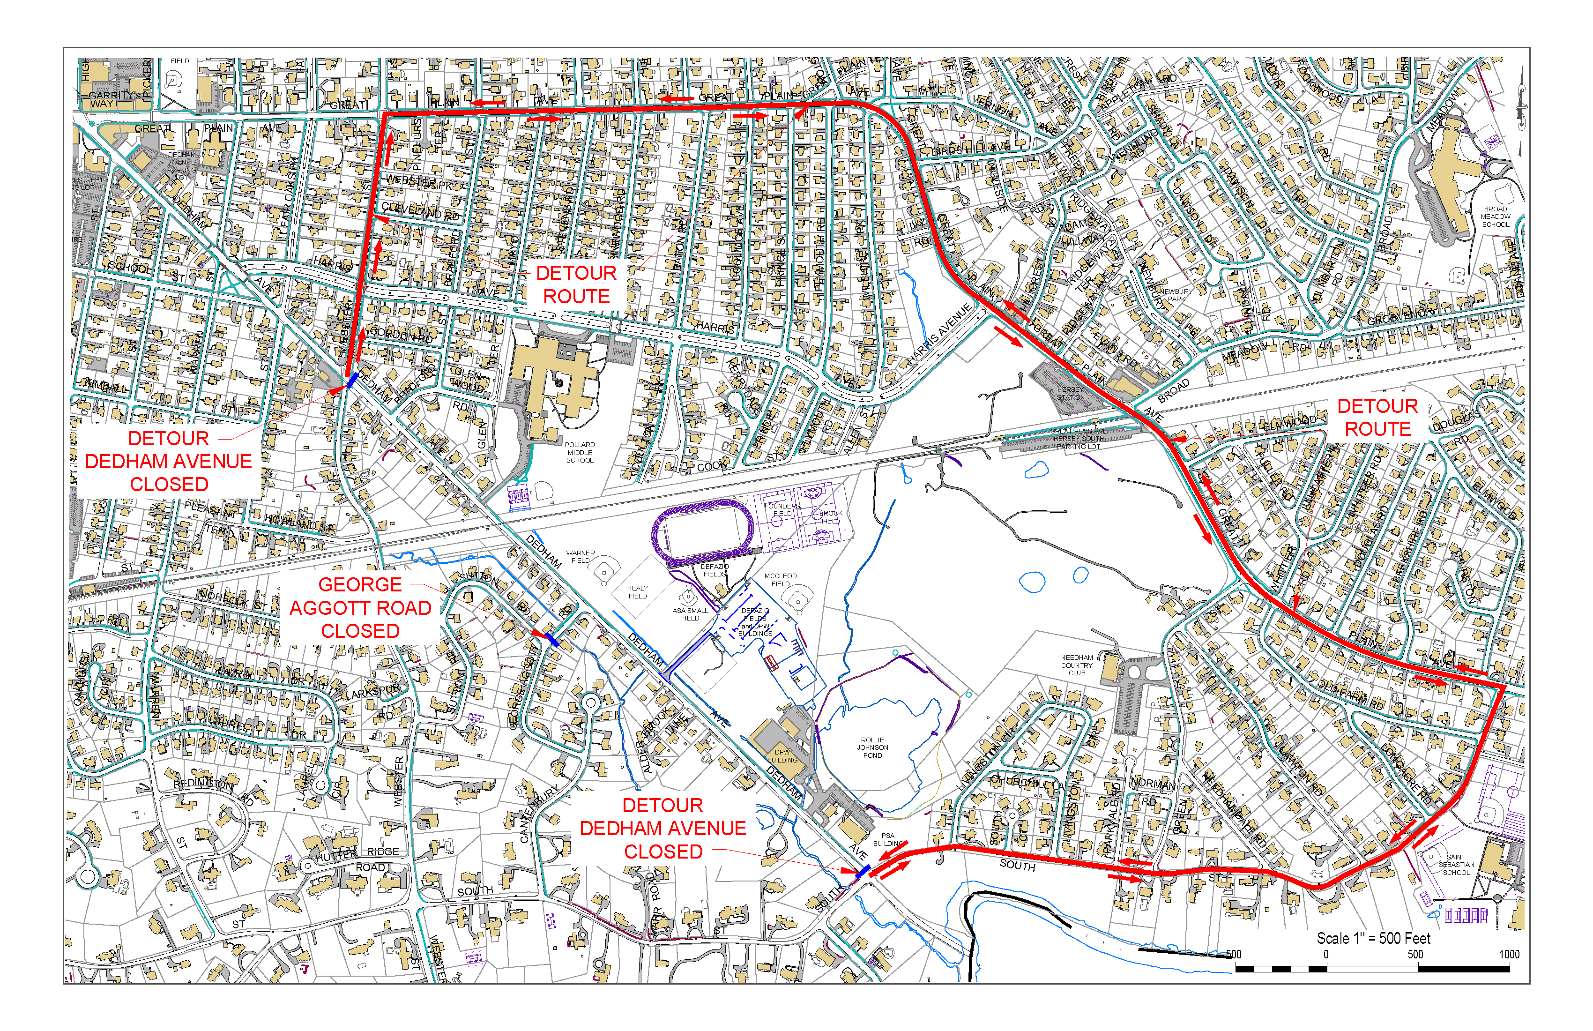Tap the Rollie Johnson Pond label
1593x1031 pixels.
(x=872, y=748)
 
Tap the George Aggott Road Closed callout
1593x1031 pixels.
(x=360, y=608)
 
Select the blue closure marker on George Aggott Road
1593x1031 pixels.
(x=551, y=639)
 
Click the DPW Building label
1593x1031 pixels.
(x=782, y=756)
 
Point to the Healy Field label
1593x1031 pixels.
(x=637, y=592)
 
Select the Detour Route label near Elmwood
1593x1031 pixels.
(x=1377, y=418)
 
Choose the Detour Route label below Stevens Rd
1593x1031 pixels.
(x=576, y=284)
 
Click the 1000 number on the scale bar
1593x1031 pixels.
(x=1509, y=955)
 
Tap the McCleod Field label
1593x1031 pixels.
(x=781, y=580)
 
